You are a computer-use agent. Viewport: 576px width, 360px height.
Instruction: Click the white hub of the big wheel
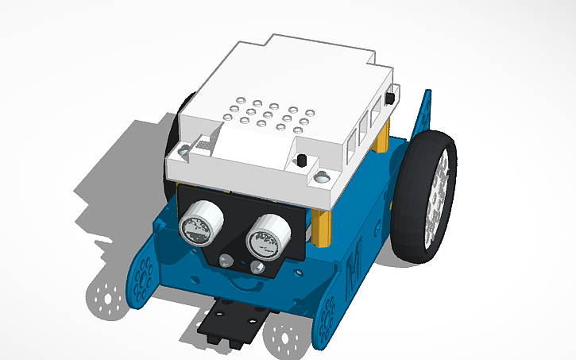coord(439,191)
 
